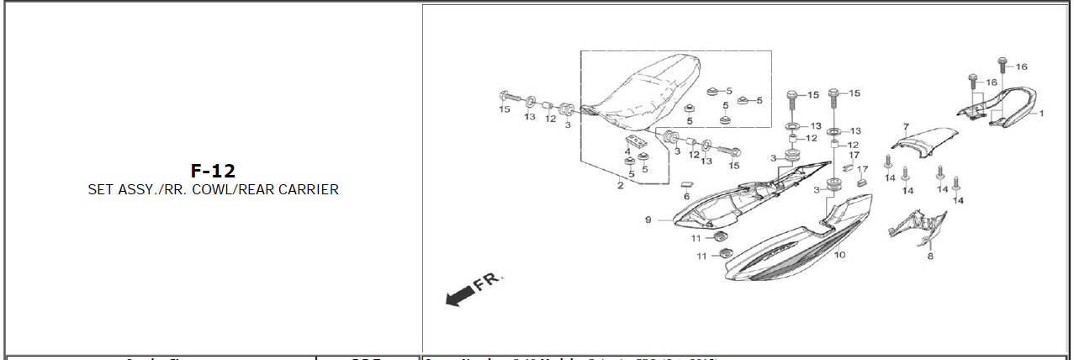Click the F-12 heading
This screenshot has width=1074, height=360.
(212, 171)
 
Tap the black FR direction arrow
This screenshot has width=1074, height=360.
(458, 294)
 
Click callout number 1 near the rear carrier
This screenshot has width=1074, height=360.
(1040, 112)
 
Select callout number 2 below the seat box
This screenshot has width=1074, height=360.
(620, 185)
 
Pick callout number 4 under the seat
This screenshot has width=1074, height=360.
(627, 151)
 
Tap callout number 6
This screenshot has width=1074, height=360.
(685, 196)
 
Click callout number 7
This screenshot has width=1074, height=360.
(906, 127)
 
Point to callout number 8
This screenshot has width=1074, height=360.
(929, 256)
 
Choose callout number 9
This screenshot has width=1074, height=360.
(648, 220)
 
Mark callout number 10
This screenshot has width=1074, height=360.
(839, 254)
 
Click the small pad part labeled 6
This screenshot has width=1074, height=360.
(686, 182)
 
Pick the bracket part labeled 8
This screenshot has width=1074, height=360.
(918, 225)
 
